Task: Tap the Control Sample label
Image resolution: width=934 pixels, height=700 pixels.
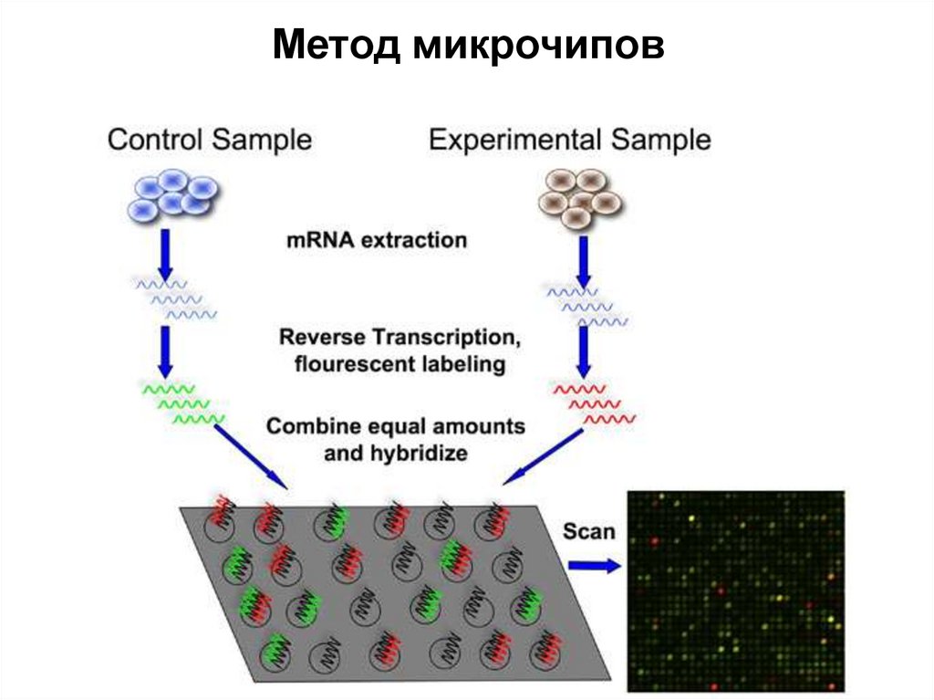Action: [209, 140]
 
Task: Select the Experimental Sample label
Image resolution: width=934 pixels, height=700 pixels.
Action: [570, 140]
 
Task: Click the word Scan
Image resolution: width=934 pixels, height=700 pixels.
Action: [588, 530]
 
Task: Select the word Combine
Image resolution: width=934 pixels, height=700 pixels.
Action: [313, 426]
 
